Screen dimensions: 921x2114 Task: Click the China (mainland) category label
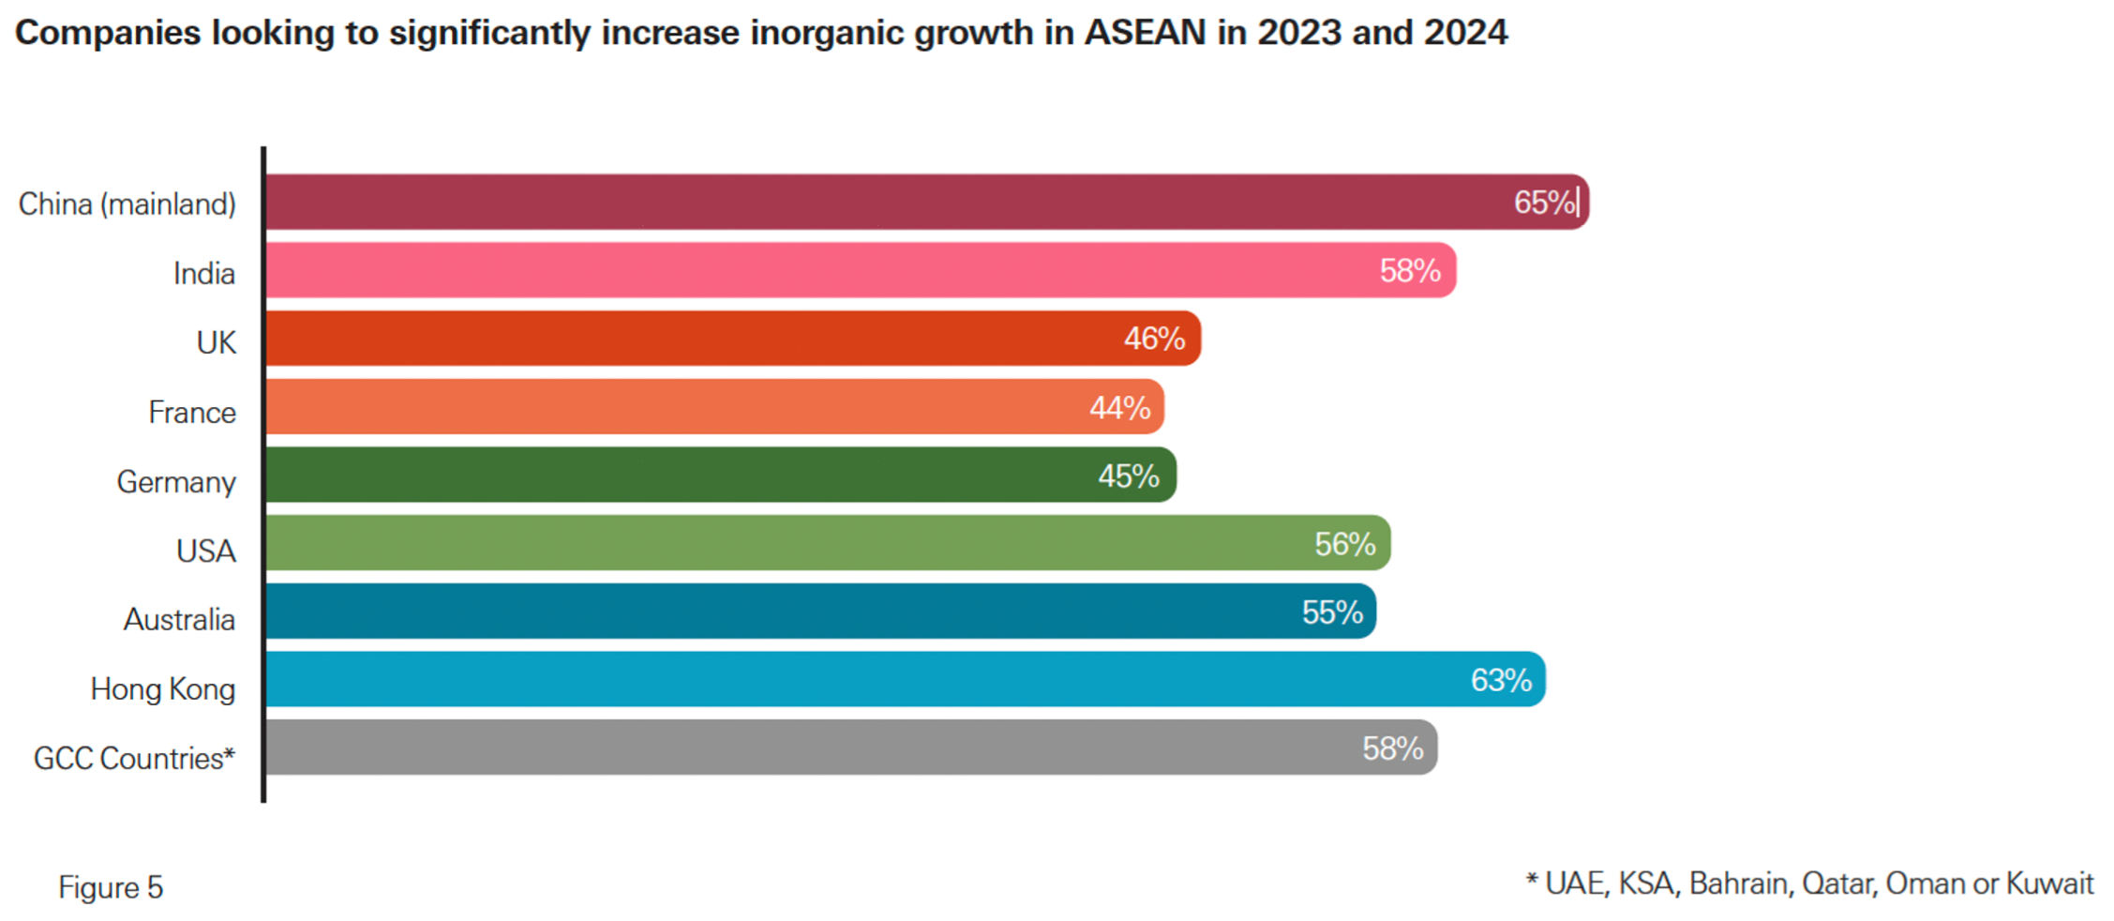[x=127, y=204]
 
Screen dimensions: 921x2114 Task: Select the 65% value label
[x=1544, y=202]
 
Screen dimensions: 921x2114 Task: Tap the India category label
[x=203, y=273]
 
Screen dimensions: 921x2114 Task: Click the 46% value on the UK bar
[x=1154, y=339]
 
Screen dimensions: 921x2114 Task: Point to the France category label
[x=192, y=412]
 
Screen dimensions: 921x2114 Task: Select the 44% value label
[x=1119, y=407]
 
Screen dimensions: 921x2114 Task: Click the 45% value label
[x=1129, y=476]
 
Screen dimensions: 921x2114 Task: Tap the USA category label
[x=206, y=551]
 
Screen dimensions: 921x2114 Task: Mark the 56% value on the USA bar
[x=1344, y=544]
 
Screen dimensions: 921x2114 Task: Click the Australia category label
[x=179, y=619]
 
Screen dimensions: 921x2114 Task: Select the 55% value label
[x=1331, y=612]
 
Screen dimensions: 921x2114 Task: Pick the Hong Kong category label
[x=163, y=688]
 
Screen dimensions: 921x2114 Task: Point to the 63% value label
[x=1500, y=680]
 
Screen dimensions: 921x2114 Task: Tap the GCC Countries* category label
[x=134, y=758]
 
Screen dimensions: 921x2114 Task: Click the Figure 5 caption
[x=111, y=886]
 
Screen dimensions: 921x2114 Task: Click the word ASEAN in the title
[x=1145, y=33]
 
